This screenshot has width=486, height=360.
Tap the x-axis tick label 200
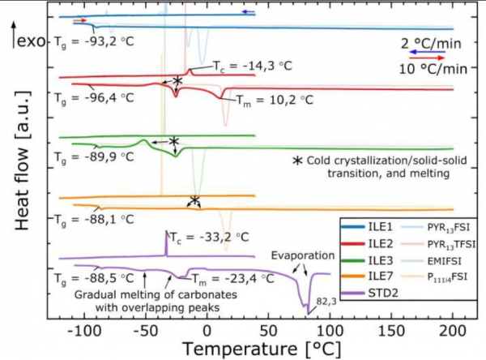point(452,330)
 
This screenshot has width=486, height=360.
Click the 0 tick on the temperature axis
point(207,330)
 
